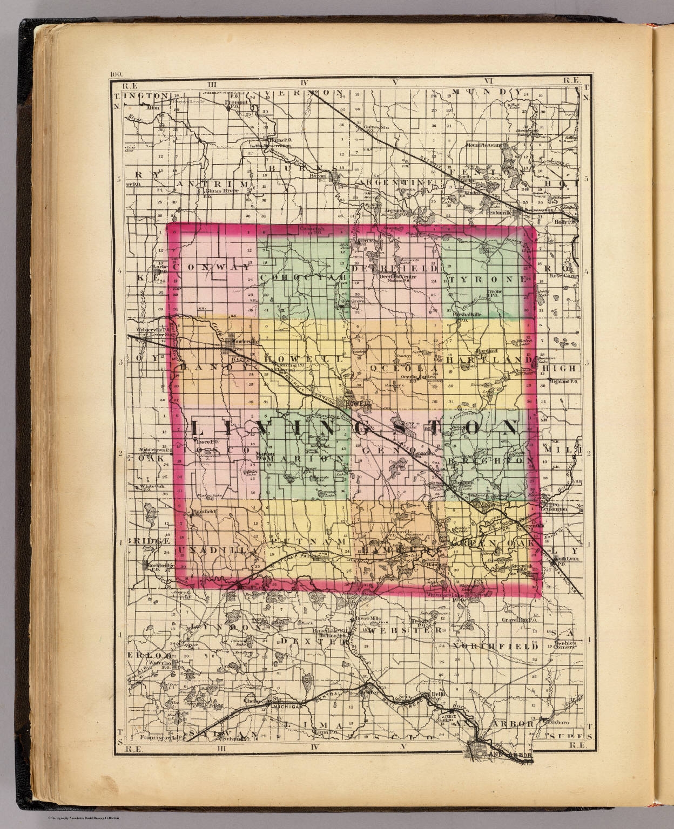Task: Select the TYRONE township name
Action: click(x=487, y=280)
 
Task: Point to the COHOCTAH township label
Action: click(x=302, y=277)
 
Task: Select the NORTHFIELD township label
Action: click(x=495, y=645)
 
